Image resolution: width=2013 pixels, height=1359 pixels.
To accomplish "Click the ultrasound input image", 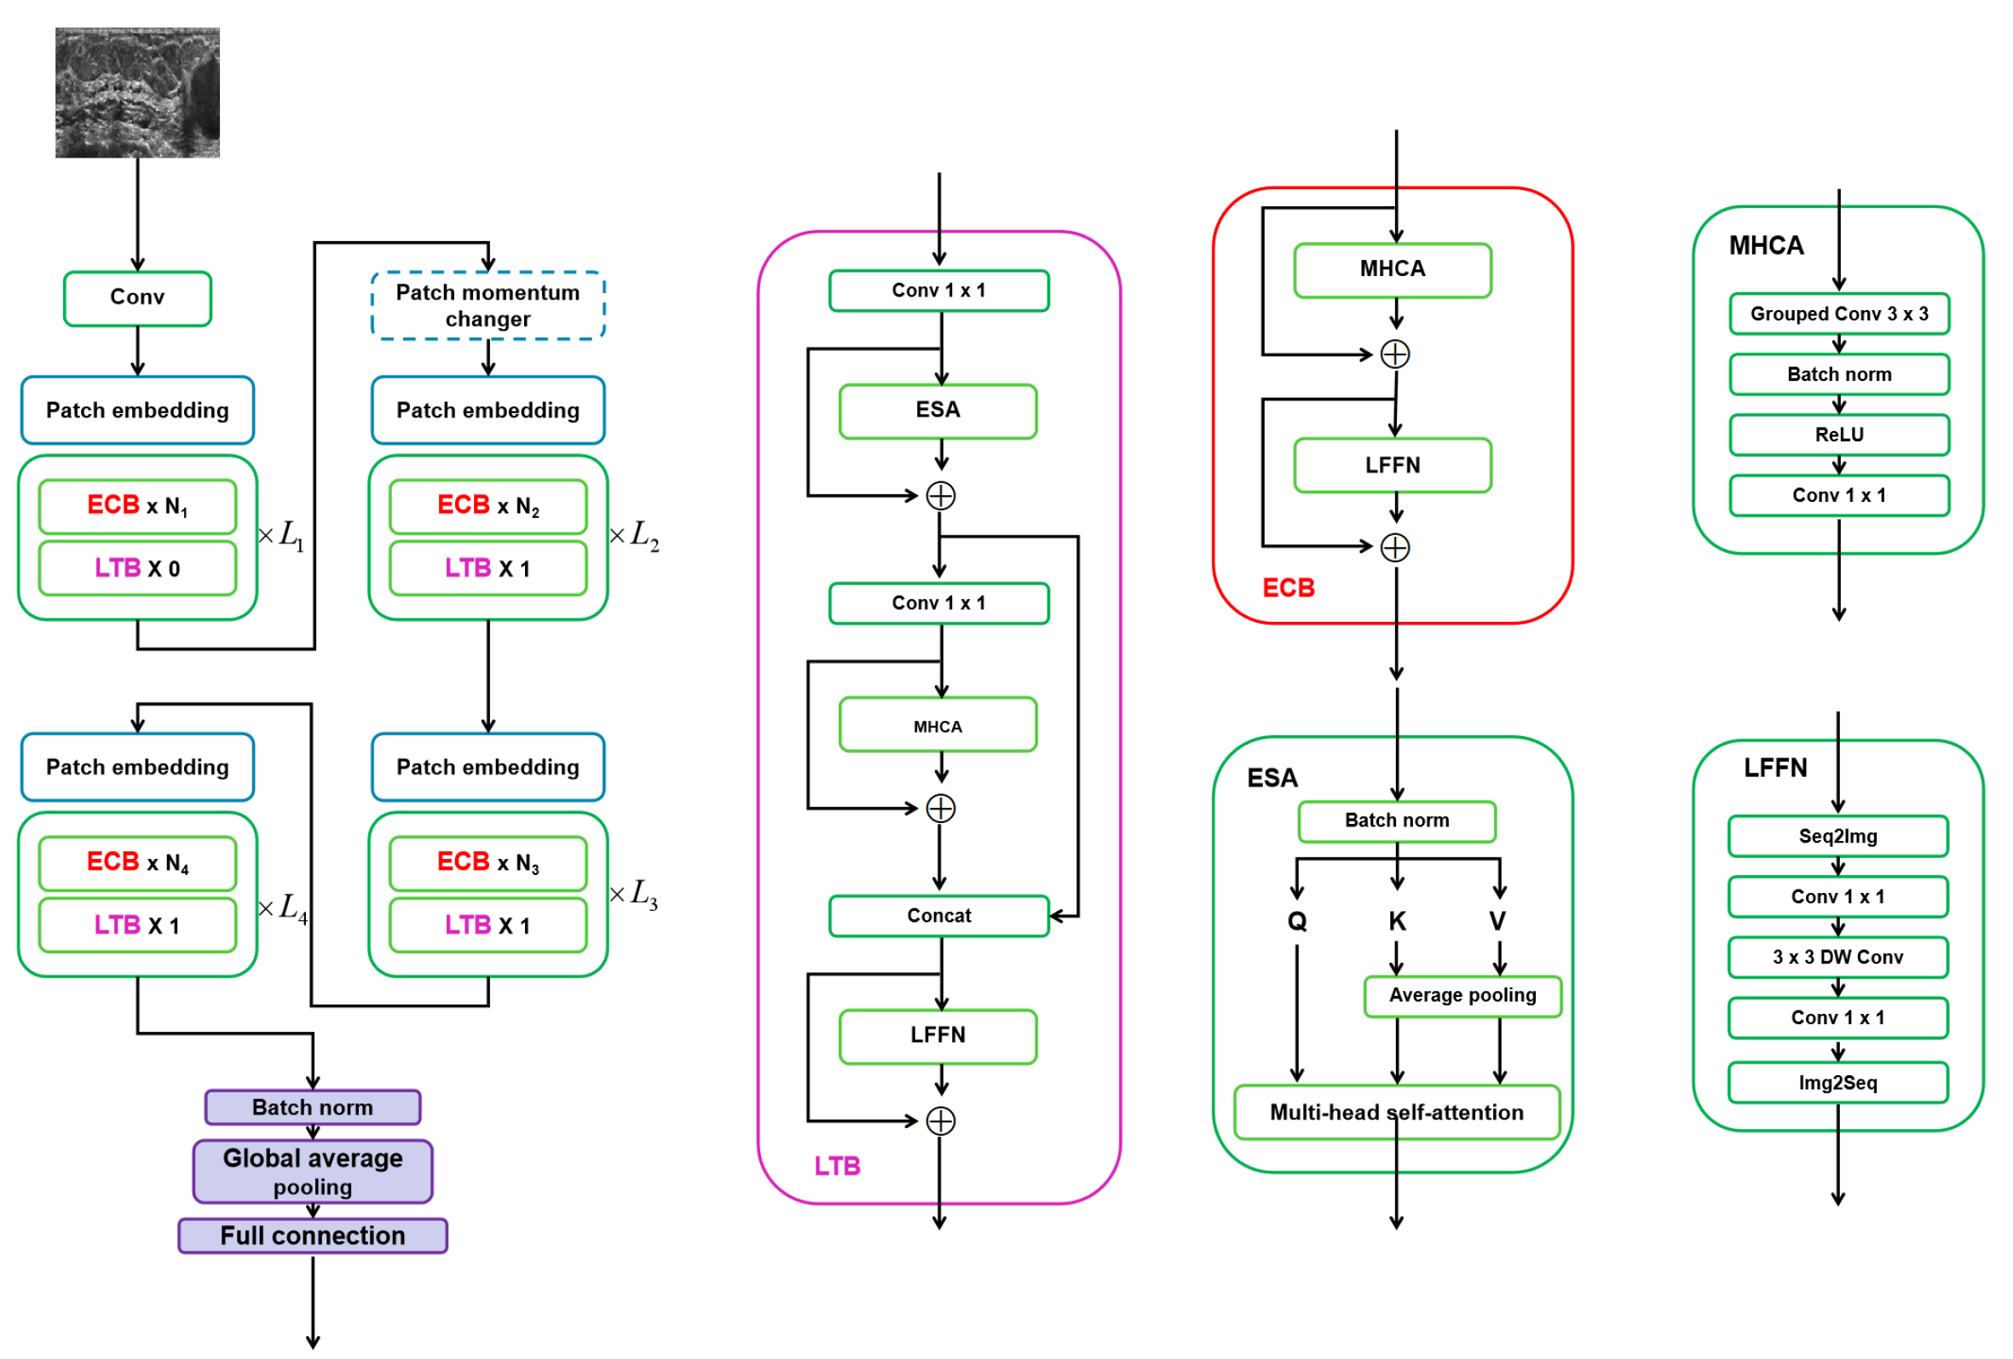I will point(137,92).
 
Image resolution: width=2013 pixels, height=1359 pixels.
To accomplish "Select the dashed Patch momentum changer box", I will point(487,305).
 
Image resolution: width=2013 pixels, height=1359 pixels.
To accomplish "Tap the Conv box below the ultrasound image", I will point(137,297).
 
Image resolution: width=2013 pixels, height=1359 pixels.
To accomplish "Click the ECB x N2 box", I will point(487,506).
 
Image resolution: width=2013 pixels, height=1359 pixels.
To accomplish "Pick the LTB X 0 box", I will point(137,568).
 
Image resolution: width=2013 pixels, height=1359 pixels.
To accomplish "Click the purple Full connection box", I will point(313,1235).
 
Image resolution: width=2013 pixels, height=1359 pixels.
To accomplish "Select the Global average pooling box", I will point(313,1171).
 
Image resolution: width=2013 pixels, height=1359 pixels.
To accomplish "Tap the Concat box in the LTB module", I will point(939,916).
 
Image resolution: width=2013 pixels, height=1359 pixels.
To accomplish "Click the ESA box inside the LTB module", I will point(938,410).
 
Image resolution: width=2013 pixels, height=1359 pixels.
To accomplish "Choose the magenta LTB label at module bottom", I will point(837,1166).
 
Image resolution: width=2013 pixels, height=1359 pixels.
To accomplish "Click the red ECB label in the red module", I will point(1288,588).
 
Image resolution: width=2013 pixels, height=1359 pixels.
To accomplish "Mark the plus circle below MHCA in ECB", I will point(1394,354).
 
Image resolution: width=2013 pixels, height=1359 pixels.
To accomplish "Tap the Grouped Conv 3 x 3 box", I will point(1839,314).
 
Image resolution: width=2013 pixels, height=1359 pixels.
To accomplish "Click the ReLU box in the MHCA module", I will point(1839,435).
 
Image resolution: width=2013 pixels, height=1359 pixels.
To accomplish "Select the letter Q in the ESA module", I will point(1296,921).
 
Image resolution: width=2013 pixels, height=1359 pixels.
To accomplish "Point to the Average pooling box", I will point(1462,995).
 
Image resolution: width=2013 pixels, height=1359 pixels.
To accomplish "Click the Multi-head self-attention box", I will point(1396,1112).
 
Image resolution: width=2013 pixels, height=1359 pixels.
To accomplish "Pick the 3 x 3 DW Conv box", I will point(1837,957).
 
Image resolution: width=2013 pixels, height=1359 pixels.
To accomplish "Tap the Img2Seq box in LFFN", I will point(1837,1083).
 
